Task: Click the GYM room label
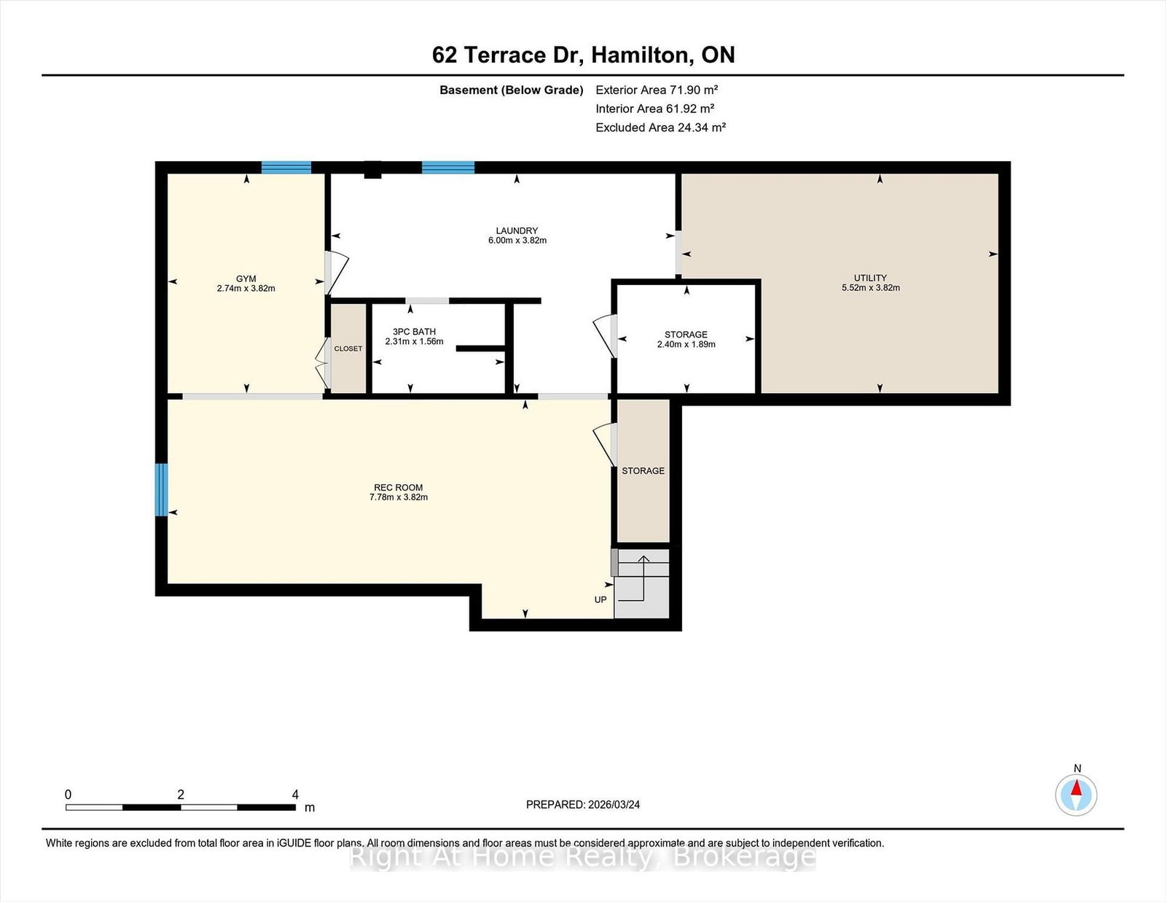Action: click(x=246, y=279)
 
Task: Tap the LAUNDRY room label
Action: click(x=517, y=231)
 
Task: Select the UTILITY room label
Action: click(x=870, y=278)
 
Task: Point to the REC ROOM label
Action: click(x=398, y=488)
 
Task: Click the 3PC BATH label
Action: click(x=414, y=332)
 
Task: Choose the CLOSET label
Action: click(x=348, y=349)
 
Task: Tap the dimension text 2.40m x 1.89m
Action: click(x=686, y=344)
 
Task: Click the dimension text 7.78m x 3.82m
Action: click(x=398, y=497)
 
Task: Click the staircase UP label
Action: click(x=600, y=599)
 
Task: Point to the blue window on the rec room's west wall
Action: click(x=162, y=490)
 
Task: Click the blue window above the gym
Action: click(x=286, y=168)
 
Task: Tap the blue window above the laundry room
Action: click(x=448, y=168)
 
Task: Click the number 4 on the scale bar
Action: click(x=295, y=795)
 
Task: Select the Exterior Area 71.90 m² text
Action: click(x=657, y=90)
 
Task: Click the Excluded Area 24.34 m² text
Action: click(x=660, y=128)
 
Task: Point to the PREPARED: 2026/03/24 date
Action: click(x=583, y=804)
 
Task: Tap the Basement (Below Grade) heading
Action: click(x=512, y=90)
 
